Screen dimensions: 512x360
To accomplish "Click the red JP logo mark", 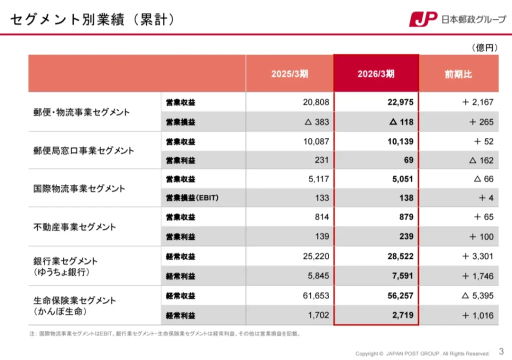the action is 423,19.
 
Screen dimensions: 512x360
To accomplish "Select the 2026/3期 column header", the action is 376,74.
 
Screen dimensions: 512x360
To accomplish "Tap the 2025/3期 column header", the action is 289,74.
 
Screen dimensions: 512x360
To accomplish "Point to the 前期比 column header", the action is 458,74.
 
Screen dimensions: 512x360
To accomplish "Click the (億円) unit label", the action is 484,47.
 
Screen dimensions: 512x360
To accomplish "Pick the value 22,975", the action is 400,102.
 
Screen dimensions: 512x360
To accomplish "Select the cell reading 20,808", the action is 316,102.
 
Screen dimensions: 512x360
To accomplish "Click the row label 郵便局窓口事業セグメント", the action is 83,150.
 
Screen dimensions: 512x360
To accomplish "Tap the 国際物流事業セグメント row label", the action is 79,188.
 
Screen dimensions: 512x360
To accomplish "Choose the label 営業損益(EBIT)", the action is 192,197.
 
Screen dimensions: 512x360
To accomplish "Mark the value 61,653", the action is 316,295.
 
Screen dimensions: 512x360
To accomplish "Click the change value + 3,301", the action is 477,256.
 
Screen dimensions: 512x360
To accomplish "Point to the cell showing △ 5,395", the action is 477,295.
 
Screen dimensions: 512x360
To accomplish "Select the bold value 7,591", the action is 402,275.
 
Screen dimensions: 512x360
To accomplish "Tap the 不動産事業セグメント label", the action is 74,227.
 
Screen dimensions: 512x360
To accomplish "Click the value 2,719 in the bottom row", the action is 402,315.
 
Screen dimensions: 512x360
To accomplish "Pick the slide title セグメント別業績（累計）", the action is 92,19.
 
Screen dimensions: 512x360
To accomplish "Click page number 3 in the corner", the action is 501,351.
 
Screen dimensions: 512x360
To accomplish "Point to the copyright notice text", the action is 422,353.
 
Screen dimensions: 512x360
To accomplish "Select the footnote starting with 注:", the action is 165,333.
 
